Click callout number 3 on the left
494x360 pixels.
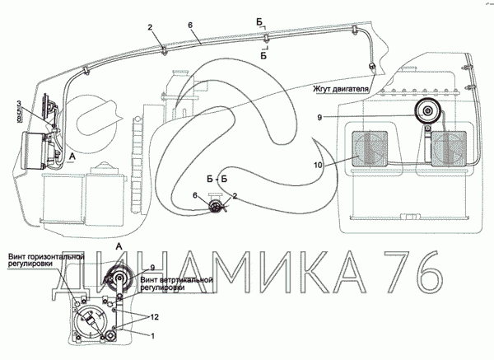(18, 102)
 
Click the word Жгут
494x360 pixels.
(324, 87)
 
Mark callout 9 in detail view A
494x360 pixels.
(152, 266)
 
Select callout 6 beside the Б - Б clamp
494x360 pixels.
(194, 195)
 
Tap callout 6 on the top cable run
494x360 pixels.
(190, 25)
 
